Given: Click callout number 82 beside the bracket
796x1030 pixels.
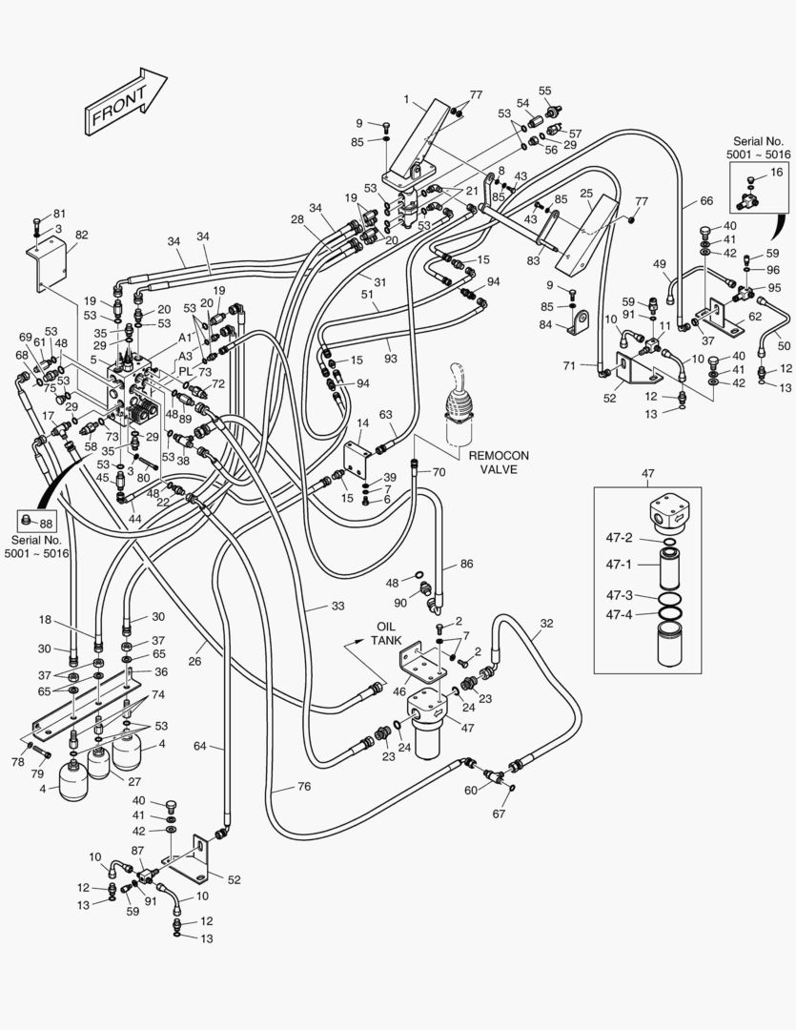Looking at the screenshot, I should (81, 235).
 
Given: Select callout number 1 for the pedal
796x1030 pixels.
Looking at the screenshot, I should (406, 99).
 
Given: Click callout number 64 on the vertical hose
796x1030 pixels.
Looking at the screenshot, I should (201, 746).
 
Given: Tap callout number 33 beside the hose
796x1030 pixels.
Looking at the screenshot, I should (337, 606).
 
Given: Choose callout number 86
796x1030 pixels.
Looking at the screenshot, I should (466, 565).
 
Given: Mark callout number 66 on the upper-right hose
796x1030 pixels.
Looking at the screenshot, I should (705, 201).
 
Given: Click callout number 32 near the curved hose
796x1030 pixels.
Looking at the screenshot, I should (545, 624).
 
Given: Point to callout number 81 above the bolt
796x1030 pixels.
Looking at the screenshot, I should (59, 214).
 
